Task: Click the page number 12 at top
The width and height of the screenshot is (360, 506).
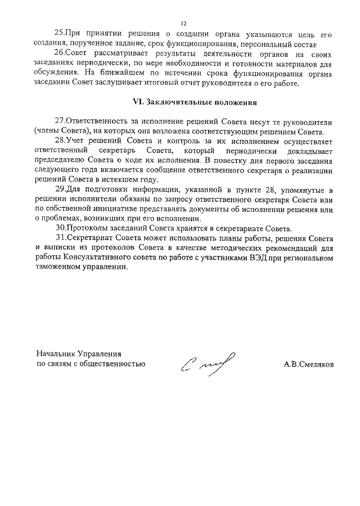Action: [183, 24]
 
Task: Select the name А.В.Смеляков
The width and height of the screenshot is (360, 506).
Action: [309, 364]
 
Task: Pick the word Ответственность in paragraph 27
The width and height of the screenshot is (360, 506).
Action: [99, 122]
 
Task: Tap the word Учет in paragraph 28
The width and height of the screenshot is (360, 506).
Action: [75, 141]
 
